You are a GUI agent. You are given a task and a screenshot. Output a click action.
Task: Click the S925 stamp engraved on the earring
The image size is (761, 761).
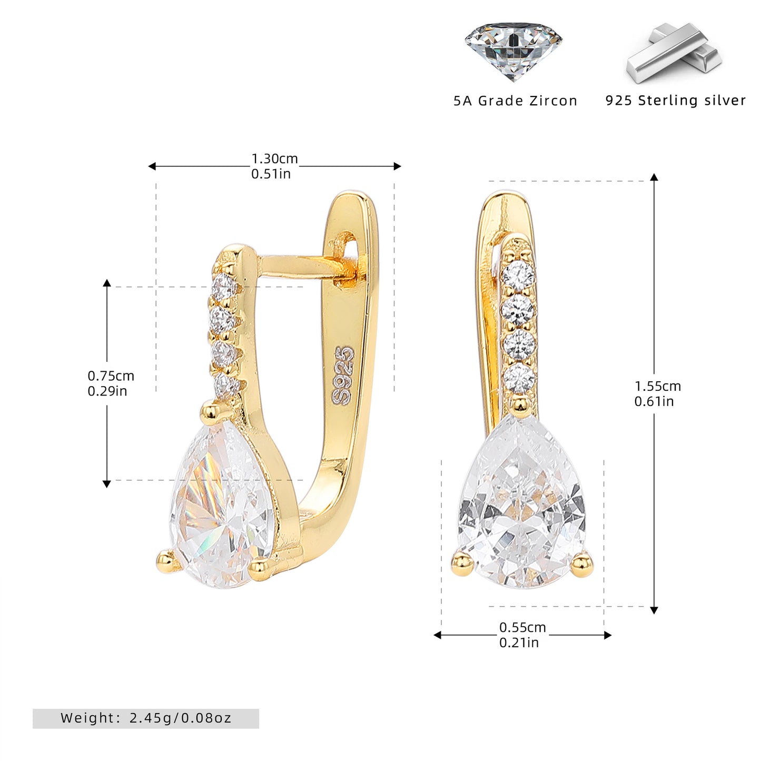click(342, 375)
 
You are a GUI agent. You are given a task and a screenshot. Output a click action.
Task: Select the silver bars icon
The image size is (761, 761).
click(674, 53)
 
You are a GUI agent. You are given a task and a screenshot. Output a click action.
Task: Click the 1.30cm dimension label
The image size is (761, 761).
click(274, 159)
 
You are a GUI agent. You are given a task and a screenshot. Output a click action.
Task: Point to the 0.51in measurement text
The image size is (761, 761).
click(271, 174)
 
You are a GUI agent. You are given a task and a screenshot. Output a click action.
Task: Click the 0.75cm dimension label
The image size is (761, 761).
click(111, 375)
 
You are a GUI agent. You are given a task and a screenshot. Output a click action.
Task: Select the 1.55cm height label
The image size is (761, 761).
click(658, 386)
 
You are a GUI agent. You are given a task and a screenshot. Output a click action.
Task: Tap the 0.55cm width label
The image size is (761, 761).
click(522, 627)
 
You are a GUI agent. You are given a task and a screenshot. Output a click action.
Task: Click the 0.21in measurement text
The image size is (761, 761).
click(519, 643)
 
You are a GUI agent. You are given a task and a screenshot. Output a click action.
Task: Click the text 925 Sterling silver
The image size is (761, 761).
click(675, 100)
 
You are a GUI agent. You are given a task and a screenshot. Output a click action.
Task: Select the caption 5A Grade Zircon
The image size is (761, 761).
click(516, 101)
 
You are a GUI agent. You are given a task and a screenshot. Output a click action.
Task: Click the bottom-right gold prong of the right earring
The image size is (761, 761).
click(582, 564)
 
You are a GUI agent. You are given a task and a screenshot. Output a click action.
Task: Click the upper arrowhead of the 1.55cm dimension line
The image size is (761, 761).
click(654, 177)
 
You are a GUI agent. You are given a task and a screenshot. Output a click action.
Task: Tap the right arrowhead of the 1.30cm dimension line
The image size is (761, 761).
click(397, 166)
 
